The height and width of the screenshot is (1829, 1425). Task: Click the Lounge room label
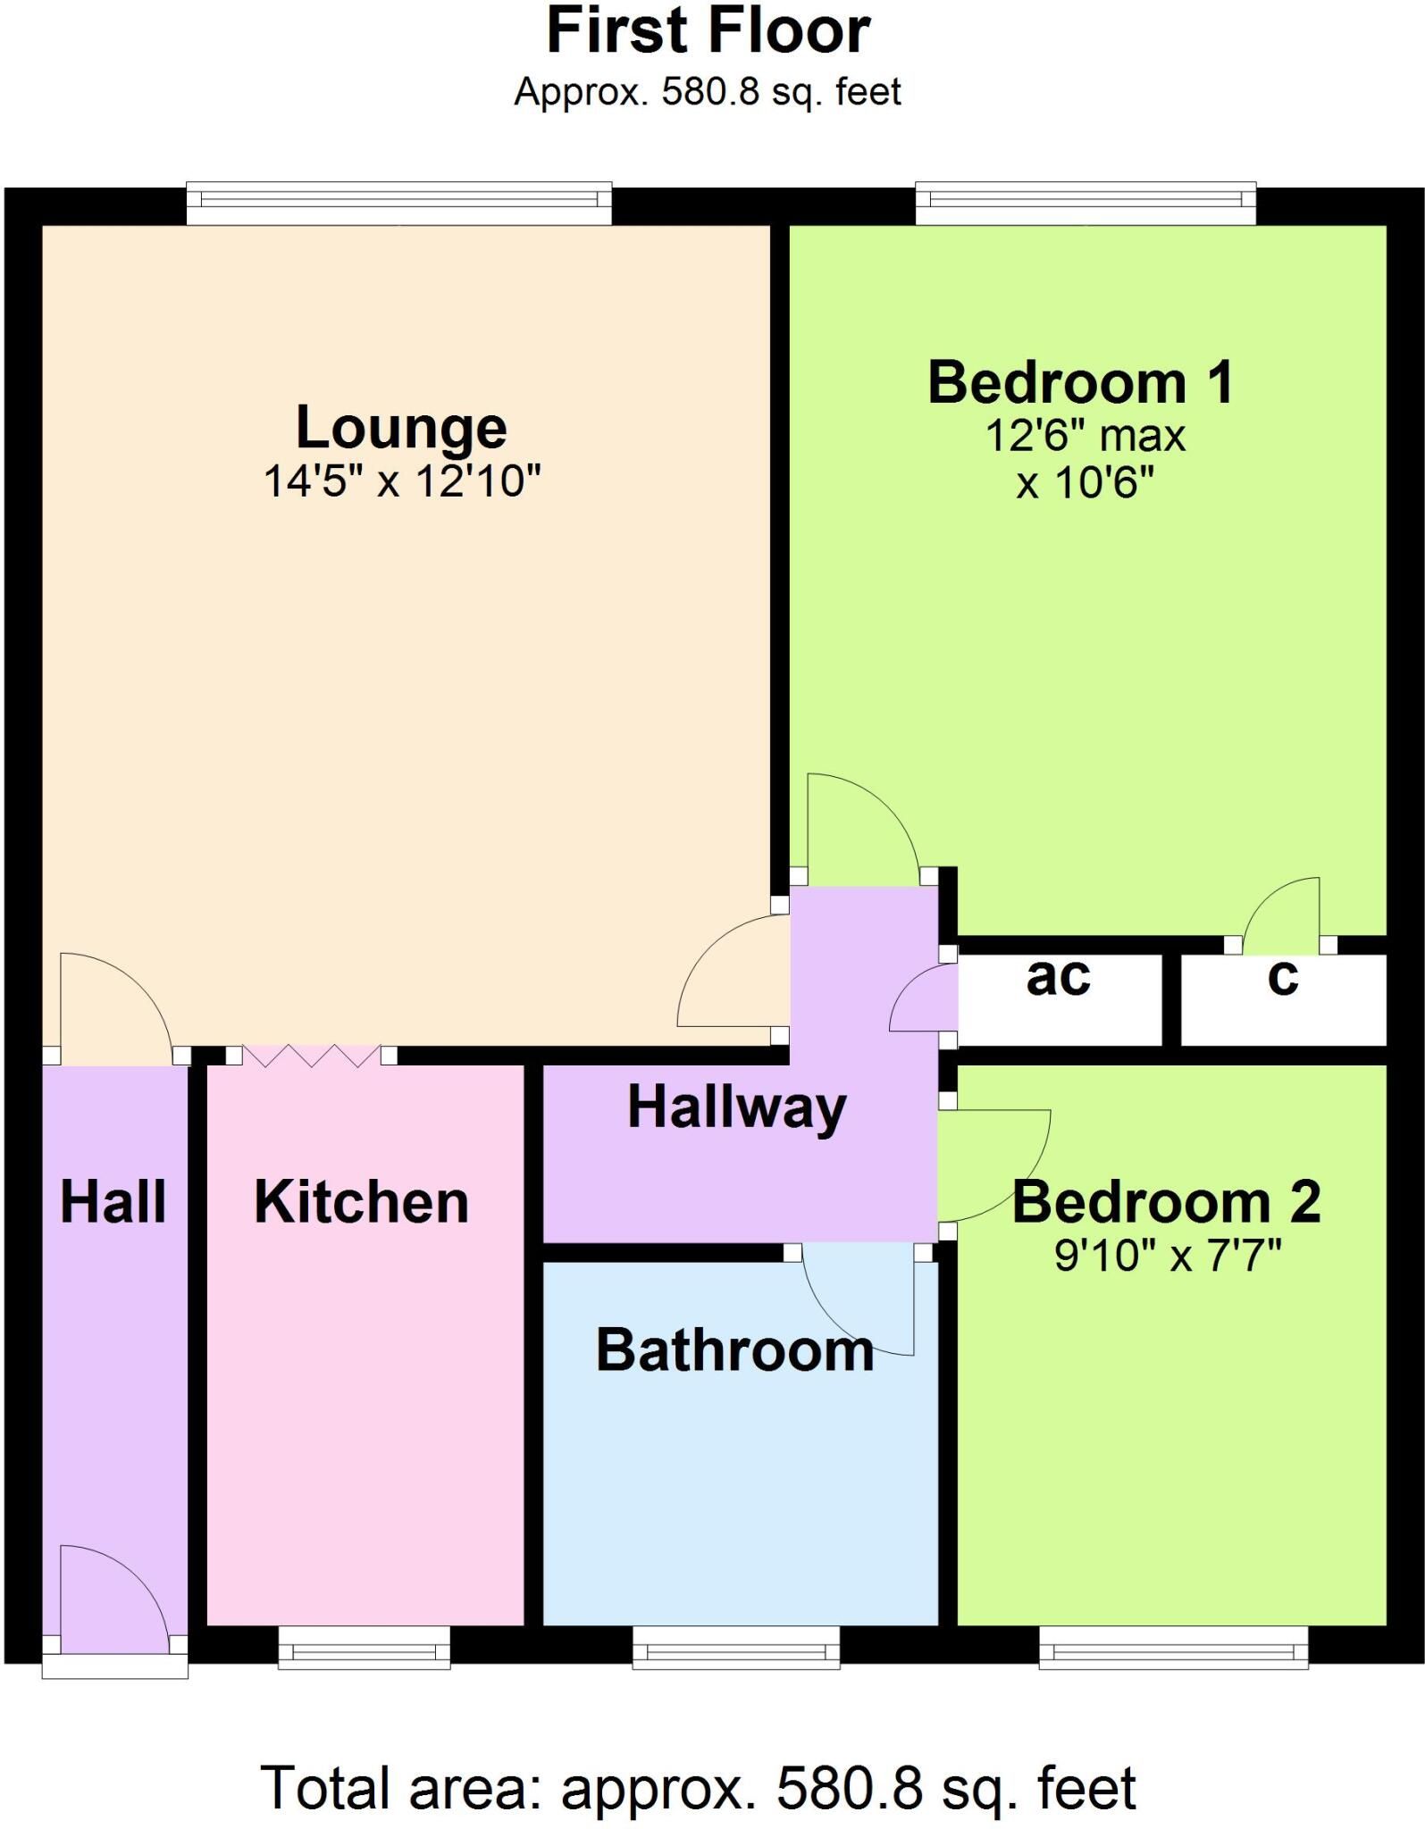(401, 429)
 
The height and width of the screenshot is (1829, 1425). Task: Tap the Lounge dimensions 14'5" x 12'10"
(402, 481)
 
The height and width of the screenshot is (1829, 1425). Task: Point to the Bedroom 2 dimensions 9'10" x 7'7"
(1168, 1257)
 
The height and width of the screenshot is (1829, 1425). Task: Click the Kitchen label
(362, 1202)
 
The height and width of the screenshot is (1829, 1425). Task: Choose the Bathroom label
(735, 1349)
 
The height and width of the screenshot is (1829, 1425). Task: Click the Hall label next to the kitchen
(113, 1202)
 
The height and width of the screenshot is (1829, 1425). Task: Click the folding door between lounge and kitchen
(311, 1056)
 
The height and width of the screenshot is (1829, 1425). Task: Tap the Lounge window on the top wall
(399, 205)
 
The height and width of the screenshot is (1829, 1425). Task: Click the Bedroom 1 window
(1086, 205)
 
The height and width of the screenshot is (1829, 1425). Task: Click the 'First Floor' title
(708, 31)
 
